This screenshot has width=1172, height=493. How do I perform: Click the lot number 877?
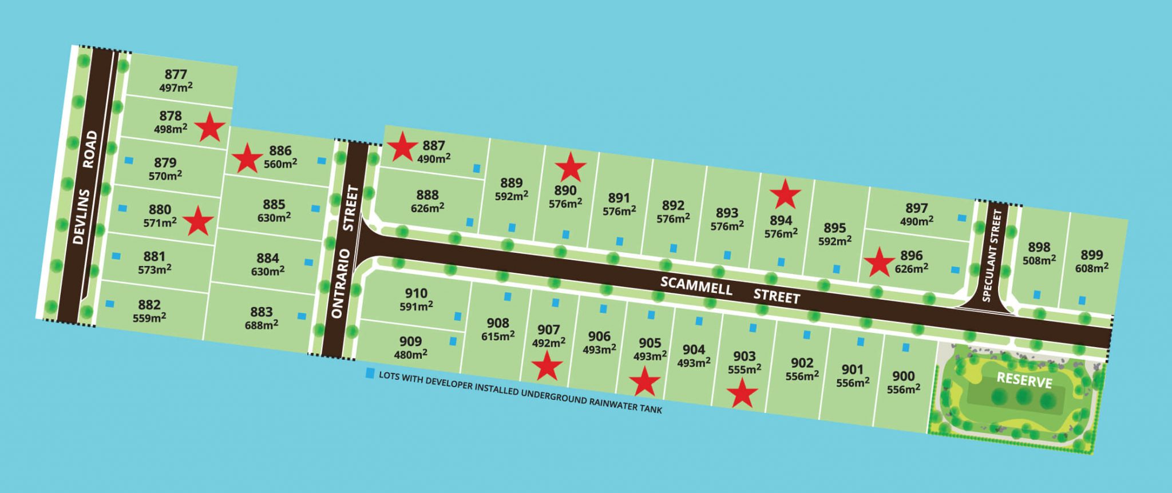[x=176, y=74]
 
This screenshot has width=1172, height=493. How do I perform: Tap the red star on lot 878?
[x=210, y=127]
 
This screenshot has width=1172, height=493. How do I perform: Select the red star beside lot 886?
[x=247, y=158]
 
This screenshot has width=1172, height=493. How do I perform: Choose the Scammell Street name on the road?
[x=730, y=291]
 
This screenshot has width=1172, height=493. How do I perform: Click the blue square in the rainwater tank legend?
[x=370, y=375]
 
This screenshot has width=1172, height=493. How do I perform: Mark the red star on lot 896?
[x=879, y=262]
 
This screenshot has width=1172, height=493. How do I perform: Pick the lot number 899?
[x=1091, y=255]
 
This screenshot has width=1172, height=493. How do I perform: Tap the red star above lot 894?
[x=785, y=194]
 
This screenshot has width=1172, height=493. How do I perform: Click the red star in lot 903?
[x=742, y=394]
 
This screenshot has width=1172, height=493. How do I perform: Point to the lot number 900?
[x=904, y=376]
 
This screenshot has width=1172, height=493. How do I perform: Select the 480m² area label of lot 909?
[x=411, y=355]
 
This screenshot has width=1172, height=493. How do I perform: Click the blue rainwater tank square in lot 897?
[x=962, y=218]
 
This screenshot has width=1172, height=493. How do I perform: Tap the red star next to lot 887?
[x=402, y=147]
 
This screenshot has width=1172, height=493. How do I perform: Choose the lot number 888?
[x=427, y=195]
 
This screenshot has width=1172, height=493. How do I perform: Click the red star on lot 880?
[x=198, y=221]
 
